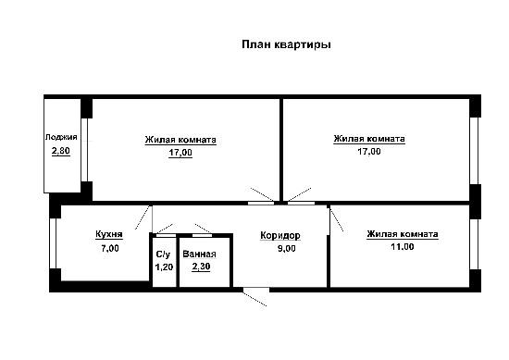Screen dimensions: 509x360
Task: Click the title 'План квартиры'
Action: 286,44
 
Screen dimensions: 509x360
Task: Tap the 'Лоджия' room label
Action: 61,137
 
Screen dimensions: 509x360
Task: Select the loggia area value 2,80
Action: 61,151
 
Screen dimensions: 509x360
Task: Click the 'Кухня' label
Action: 109,234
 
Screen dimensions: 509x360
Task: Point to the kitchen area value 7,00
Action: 110,248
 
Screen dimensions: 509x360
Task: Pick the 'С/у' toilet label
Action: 163,254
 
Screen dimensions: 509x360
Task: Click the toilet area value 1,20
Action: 164,267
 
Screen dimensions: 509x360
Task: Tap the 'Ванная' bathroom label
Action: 199,254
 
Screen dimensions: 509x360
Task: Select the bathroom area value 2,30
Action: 201,267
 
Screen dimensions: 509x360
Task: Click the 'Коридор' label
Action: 280,235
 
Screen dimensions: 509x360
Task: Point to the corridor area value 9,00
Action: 286,249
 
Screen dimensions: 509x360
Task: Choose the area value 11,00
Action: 403,247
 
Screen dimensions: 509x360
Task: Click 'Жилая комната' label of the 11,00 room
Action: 403,234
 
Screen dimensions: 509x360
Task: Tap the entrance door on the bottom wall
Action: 256,290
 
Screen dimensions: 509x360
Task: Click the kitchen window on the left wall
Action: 53,243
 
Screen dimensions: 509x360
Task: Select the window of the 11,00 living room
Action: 474,244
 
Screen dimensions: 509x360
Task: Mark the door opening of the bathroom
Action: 202,235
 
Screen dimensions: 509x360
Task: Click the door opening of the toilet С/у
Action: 166,235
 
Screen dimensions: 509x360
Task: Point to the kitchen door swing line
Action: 143,217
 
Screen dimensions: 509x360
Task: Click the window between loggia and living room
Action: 84,150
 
